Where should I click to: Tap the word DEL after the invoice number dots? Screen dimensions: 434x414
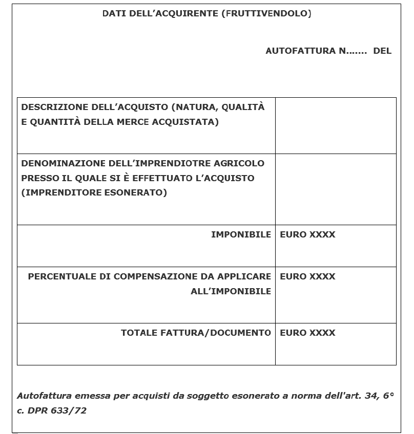(x=382, y=51)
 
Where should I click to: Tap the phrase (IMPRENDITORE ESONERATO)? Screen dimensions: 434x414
(x=94, y=193)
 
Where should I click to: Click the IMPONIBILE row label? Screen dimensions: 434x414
(x=241, y=234)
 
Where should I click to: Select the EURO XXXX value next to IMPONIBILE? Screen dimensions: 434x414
(x=307, y=234)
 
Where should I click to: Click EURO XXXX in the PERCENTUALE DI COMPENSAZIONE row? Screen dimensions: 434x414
(x=307, y=276)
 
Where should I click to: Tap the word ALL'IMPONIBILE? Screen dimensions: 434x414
(x=231, y=291)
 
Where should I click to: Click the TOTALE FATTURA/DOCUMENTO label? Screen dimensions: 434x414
(x=196, y=333)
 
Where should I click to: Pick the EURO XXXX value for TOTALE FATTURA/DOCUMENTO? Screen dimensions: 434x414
(x=307, y=333)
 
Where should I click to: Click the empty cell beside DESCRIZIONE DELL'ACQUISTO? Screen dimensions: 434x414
(x=336, y=125)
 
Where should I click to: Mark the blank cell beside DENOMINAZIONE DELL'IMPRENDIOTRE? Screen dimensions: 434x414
(x=336, y=189)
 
